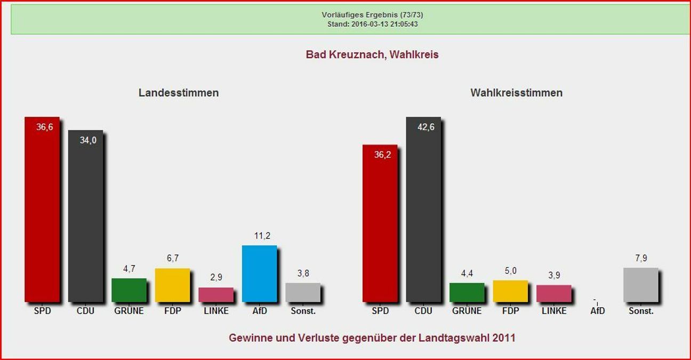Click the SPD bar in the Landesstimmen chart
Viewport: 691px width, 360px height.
[x=42, y=213]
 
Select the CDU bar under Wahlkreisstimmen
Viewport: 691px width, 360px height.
[x=423, y=213]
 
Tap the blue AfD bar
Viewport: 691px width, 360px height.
[x=259, y=274]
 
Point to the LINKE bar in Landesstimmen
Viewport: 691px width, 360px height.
[x=216, y=295]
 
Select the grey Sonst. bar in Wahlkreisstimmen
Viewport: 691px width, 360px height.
[x=640, y=285]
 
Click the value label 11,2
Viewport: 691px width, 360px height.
[x=259, y=236]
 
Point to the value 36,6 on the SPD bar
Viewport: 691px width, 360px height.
[x=45, y=126]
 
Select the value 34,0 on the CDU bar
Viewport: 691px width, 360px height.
[x=88, y=140]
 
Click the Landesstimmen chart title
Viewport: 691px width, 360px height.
[x=179, y=93]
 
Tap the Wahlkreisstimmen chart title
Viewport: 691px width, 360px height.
[x=516, y=93]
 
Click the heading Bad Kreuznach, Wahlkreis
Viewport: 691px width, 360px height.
[x=372, y=54]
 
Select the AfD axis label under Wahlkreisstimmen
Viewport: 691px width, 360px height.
[x=598, y=311]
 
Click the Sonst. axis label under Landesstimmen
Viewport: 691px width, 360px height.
[x=303, y=311]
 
